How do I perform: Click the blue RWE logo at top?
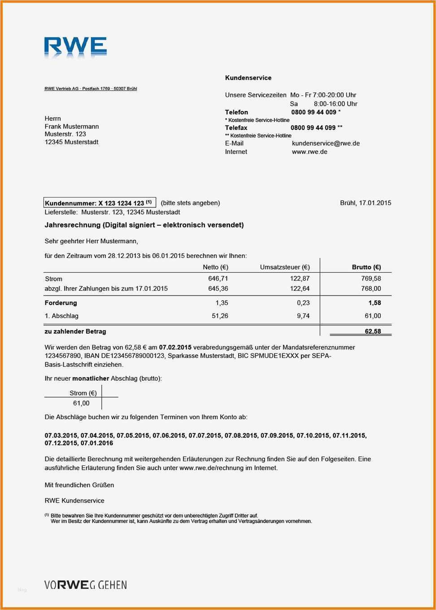(x=75, y=47)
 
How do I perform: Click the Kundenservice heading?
(x=248, y=78)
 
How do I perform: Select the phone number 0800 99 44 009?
(x=314, y=112)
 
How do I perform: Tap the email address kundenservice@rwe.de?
(x=326, y=143)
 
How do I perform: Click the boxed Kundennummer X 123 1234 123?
(x=100, y=203)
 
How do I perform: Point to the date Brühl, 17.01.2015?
(x=366, y=203)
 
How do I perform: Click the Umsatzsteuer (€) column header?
(x=285, y=267)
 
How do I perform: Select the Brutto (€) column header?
(x=366, y=267)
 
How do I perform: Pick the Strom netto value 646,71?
(x=218, y=279)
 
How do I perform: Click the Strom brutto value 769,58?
(x=371, y=279)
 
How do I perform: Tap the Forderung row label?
(x=61, y=303)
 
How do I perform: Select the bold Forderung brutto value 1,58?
(x=375, y=303)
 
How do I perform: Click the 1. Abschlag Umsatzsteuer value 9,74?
(x=303, y=316)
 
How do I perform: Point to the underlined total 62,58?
(x=373, y=332)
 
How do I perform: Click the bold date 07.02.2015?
(x=175, y=348)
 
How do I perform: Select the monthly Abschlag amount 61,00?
(x=81, y=404)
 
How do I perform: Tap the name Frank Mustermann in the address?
(x=72, y=127)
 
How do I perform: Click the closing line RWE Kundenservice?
(x=74, y=501)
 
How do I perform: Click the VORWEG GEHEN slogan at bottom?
(x=86, y=585)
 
